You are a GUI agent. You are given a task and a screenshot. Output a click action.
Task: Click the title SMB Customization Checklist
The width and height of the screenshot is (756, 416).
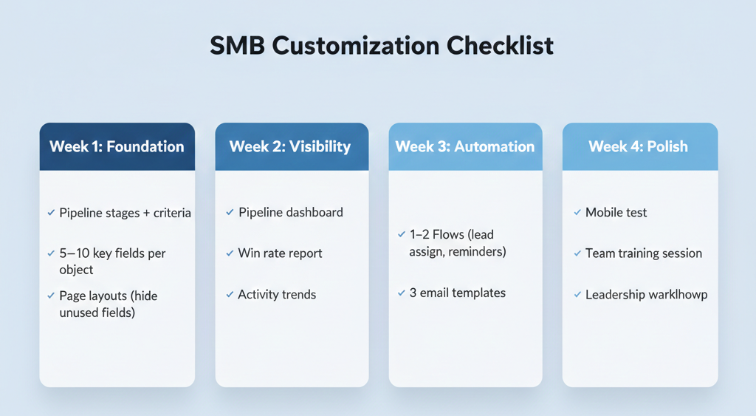[382, 46]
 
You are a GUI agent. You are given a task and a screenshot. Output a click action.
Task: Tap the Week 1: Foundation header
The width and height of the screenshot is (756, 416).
[117, 146]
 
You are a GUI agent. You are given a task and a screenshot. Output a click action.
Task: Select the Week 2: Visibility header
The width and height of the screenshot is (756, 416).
[290, 146]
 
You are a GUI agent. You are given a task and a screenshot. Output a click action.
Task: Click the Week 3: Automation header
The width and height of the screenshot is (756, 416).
[464, 146]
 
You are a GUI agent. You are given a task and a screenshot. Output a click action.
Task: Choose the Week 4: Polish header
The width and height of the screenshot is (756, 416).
[638, 146]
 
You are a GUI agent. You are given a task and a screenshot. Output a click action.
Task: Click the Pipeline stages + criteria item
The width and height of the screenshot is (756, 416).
[125, 213]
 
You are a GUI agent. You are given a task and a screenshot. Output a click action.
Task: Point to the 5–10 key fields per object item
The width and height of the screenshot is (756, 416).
[112, 262]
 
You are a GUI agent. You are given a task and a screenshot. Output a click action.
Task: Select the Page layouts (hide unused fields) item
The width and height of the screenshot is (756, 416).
[108, 304]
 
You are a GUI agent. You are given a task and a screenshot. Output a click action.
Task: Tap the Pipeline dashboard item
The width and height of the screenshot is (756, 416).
[290, 213]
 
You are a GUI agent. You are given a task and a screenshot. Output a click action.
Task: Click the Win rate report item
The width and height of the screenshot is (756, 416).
[280, 253]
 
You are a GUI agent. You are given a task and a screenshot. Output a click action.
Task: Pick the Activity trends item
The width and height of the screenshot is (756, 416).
[277, 295]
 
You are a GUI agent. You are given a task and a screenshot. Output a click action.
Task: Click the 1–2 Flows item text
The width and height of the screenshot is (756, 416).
[451, 243]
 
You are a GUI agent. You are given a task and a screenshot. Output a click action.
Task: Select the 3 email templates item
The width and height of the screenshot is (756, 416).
[457, 293]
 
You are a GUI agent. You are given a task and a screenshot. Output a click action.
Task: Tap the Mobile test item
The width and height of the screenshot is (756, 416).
[616, 213]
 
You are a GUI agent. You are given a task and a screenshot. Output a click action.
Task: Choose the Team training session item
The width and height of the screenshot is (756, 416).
[643, 253]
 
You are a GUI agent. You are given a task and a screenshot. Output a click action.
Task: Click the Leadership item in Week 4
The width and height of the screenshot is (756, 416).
[646, 295]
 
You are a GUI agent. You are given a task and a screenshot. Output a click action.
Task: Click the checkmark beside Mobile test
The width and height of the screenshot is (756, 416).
[577, 213]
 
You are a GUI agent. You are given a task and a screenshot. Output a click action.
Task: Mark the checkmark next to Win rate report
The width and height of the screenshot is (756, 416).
[230, 253]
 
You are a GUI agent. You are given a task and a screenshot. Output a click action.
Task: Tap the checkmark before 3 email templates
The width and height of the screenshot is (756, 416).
[402, 293]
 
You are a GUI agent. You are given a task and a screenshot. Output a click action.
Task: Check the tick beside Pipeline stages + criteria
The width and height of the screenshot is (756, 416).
[51, 213]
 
